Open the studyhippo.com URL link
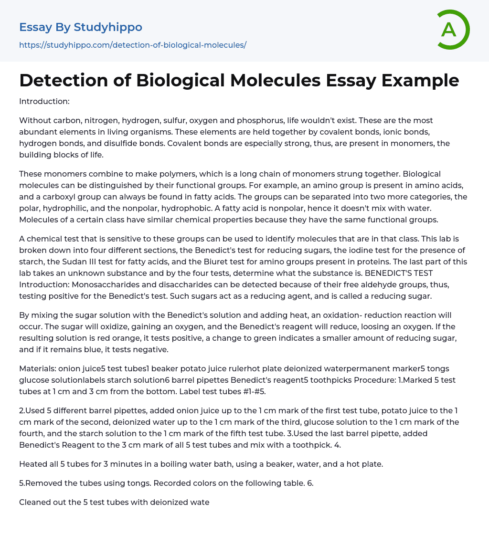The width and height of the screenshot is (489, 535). [132, 45]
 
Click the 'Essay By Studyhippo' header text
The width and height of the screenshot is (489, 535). [81, 27]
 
